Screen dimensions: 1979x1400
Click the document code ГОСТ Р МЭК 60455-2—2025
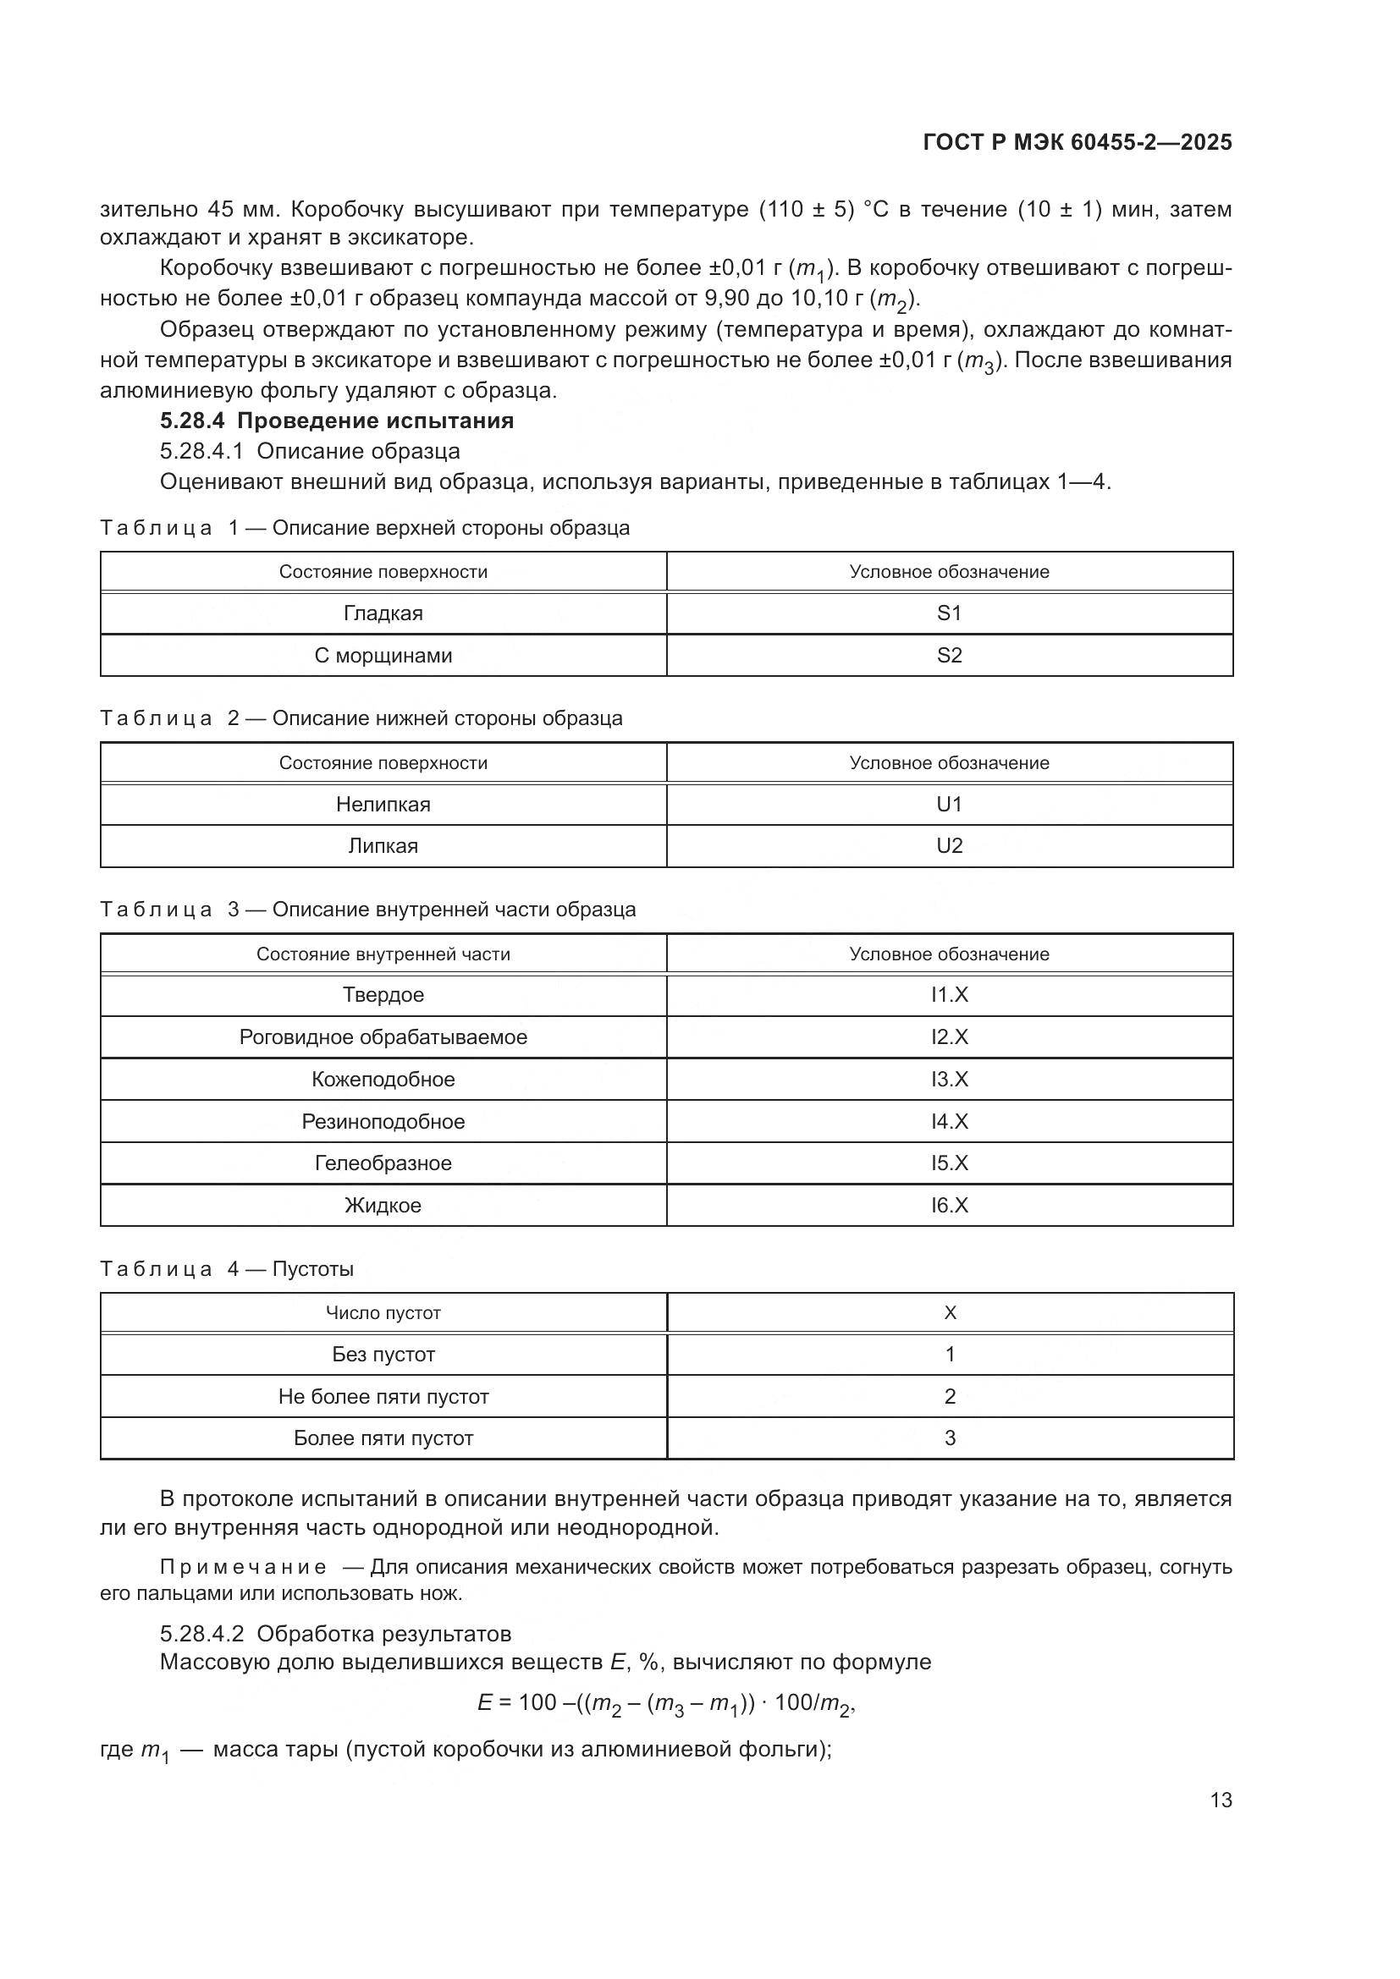[x=1077, y=143]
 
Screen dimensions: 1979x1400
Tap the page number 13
[x=1221, y=1800]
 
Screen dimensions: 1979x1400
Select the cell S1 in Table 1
[x=949, y=613]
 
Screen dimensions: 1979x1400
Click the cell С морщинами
[x=383, y=656]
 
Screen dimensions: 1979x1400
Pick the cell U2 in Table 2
[x=949, y=846]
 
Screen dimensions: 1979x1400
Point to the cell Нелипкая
[x=383, y=805]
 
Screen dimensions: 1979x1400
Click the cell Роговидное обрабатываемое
[x=383, y=1037]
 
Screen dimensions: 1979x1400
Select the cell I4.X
[x=949, y=1121]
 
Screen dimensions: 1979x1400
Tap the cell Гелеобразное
[x=383, y=1163]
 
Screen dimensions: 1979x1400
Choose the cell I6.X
[x=949, y=1205]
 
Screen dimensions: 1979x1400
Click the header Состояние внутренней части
[x=383, y=954]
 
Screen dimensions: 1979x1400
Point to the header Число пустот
[x=383, y=1313]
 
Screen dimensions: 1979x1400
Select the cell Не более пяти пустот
[x=383, y=1396]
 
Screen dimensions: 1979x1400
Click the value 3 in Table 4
[x=949, y=1438]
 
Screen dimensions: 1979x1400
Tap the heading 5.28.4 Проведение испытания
[x=336, y=421]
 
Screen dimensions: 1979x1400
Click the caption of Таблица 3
[x=367, y=910]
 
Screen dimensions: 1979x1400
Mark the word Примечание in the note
[x=243, y=1567]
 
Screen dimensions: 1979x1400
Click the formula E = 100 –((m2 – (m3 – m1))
[x=665, y=1703]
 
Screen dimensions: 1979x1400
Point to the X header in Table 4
[x=949, y=1313]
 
